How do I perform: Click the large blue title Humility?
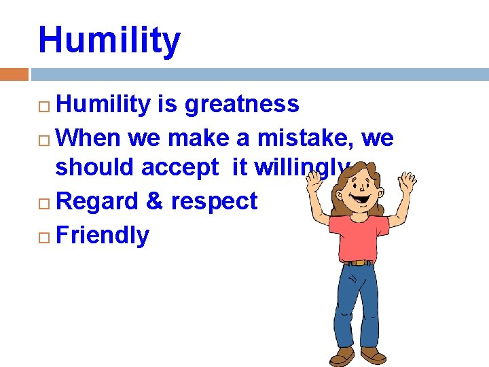point(109,41)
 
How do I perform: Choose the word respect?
point(214,201)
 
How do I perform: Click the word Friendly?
point(103,235)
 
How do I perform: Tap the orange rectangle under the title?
point(14,74)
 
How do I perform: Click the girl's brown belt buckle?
point(357,262)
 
